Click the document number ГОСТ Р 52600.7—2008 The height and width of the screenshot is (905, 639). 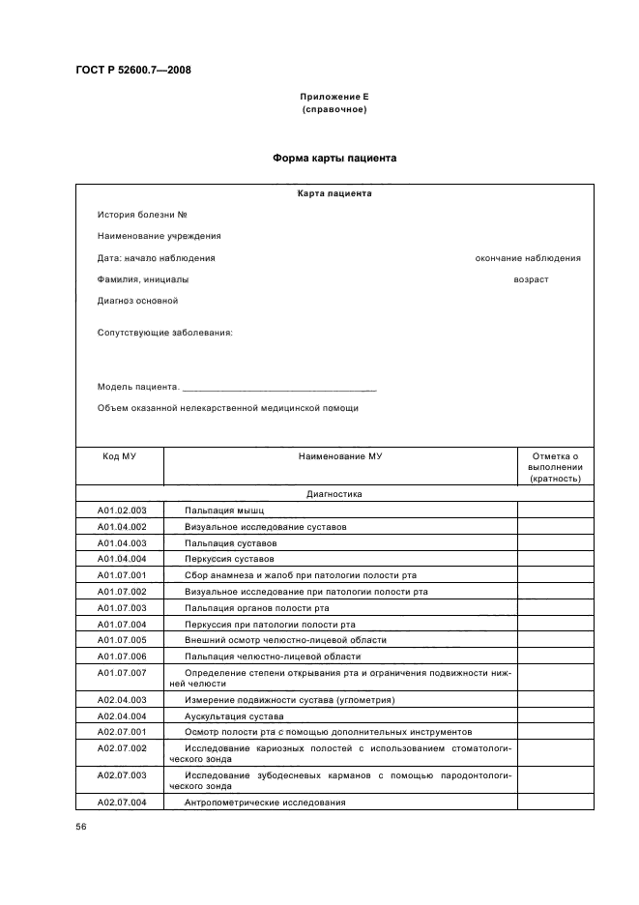point(126,70)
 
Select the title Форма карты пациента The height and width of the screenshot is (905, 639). point(334,157)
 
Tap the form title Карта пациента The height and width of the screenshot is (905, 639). point(334,193)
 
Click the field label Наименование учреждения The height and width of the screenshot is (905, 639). point(159,236)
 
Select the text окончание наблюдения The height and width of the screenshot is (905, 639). point(528,258)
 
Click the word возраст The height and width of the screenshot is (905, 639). point(531,279)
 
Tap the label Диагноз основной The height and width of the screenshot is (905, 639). point(137,301)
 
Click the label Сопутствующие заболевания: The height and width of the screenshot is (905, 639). point(164,333)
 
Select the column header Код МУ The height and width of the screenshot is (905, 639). point(119,455)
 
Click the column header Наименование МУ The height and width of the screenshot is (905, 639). point(340,455)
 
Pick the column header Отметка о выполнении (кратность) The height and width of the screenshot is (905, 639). point(555,466)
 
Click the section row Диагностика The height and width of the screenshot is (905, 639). point(334,493)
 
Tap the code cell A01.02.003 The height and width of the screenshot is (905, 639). point(122,510)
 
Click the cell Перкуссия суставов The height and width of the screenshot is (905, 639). point(229,559)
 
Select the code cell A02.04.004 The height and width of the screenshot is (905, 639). point(122,716)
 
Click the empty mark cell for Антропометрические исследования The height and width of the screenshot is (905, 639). point(555,803)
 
